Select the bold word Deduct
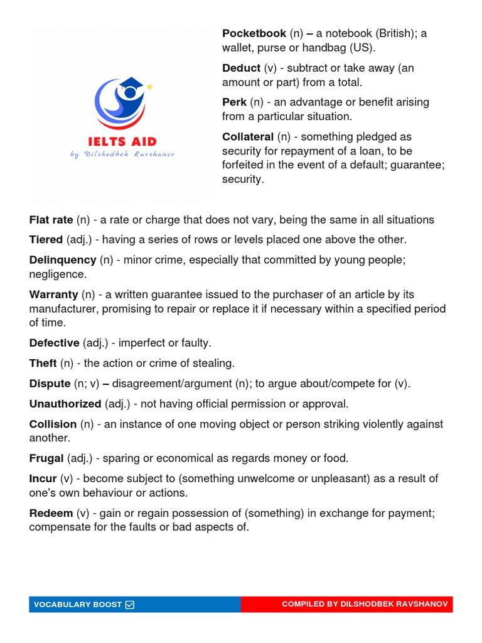[x=241, y=68]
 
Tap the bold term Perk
[x=234, y=102]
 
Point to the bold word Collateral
[x=248, y=137]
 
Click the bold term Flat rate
[x=51, y=220]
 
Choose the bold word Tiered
[x=46, y=240]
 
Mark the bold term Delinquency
[x=63, y=260]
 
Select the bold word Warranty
[x=54, y=294]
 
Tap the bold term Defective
[x=55, y=343]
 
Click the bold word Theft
[x=43, y=364]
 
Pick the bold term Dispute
[x=50, y=384]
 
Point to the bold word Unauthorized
[x=65, y=404]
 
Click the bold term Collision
[x=53, y=424]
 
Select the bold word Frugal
[x=46, y=458]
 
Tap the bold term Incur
[x=43, y=479]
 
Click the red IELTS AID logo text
[x=122, y=142]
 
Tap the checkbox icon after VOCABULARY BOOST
[x=130, y=605]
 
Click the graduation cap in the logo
[x=134, y=86]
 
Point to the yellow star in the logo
[x=149, y=87]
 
